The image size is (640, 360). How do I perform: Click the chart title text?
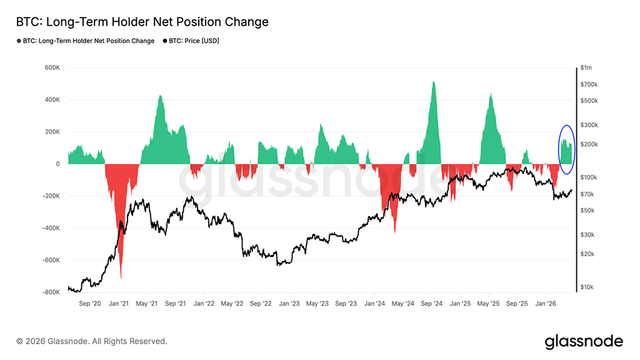[x=142, y=22]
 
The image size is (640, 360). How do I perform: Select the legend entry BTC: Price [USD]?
[x=194, y=41]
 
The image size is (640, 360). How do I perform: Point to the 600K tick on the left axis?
[x=51, y=67]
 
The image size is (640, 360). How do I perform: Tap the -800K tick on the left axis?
[x=50, y=292]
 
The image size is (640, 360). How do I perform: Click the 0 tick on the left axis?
[x=57, y=164]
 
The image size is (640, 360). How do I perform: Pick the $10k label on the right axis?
[x=587, y=287]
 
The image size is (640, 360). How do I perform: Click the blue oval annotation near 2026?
[x=566, y=149]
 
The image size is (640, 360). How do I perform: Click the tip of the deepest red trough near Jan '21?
[x=121, y=278]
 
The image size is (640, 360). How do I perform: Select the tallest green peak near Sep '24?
[x=433, y=81]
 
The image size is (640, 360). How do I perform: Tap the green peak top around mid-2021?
[x=160, y=96]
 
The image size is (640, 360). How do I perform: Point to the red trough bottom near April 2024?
[x=395, y=232]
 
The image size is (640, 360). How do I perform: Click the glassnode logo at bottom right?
[x=584, y=341]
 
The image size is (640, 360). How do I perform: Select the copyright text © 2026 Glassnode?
[x=92, y=341]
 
